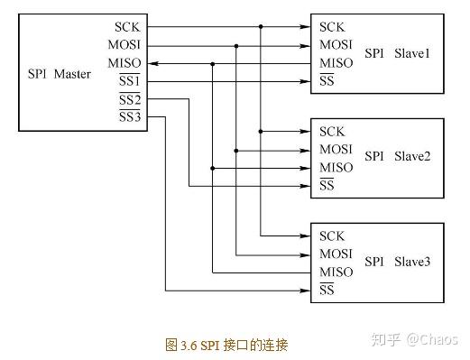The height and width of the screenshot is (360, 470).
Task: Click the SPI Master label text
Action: [59, 73]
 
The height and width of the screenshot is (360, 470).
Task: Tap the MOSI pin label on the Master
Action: [124, 45]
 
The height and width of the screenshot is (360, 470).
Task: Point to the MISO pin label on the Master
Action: [124, 63]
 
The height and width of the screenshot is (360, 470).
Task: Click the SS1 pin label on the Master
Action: [130, 82]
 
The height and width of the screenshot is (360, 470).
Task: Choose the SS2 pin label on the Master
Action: [130, 99]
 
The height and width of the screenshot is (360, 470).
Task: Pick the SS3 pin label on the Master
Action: [130, 117]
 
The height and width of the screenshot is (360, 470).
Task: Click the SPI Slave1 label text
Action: [398, 54]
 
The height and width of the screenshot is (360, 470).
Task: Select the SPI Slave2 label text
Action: [398, 157]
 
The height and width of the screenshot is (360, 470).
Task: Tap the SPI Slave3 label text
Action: [398, 262]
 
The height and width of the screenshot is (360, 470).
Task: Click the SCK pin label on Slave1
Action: [332, 27]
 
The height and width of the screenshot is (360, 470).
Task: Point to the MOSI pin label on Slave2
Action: [336, 150]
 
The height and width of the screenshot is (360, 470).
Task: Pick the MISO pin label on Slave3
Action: [336, 272]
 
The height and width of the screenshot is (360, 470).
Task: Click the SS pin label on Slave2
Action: [327, 186]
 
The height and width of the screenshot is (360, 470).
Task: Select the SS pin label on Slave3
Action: [327, 291]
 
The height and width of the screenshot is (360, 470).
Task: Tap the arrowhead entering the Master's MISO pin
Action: [152, 63]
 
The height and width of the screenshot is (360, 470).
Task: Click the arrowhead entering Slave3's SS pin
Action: [307, 291]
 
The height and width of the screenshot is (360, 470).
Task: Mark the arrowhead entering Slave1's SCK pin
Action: [307, 27]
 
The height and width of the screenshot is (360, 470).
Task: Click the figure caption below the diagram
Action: [226, 345]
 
